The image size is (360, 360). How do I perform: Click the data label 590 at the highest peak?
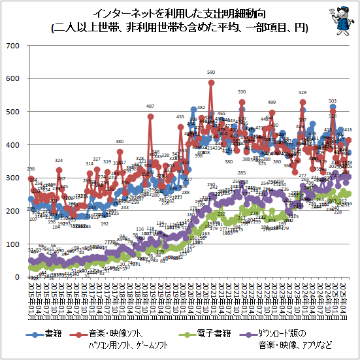pos(211,73)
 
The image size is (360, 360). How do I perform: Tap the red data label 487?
pos(150,106)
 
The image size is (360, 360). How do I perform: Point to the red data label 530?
pos(242,92)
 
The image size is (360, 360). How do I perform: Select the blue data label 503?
pos(333,101)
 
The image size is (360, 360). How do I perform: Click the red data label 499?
pos(272,103)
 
